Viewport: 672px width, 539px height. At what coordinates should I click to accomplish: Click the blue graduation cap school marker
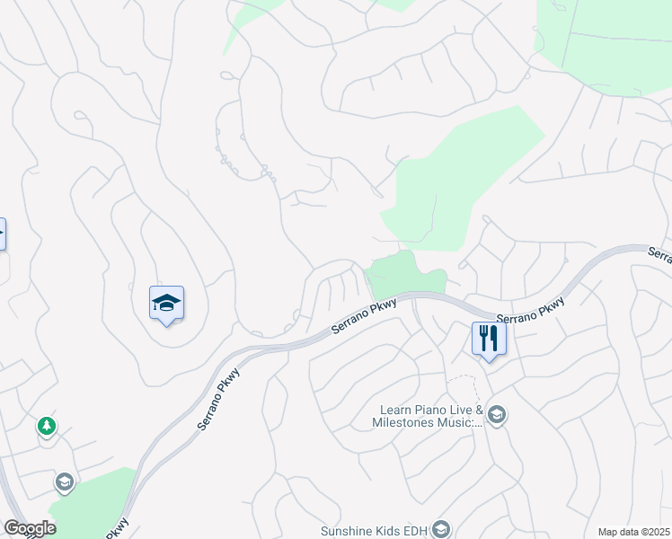tap(166, 303)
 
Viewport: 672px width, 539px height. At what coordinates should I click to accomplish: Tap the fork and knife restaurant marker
tap(489, 339)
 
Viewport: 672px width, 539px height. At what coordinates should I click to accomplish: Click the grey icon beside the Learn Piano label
tap(497, 415)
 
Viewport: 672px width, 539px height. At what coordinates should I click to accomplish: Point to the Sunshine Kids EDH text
tap(376, 530)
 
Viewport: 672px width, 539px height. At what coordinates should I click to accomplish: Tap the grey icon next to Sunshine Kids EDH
tap(440, 530)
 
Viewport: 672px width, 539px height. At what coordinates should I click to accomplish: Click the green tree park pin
tap(47, 426)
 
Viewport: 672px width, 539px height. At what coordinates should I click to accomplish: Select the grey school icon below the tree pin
tap(64, 482)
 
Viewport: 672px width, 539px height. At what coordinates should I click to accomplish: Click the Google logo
tap(30, 528)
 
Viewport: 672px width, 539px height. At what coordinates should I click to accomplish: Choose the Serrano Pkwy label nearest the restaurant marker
tap(531, 311)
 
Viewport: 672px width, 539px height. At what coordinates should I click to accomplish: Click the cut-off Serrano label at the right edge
tap(660, 256)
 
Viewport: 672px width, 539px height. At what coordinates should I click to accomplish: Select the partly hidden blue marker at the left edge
tap(2, 234)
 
